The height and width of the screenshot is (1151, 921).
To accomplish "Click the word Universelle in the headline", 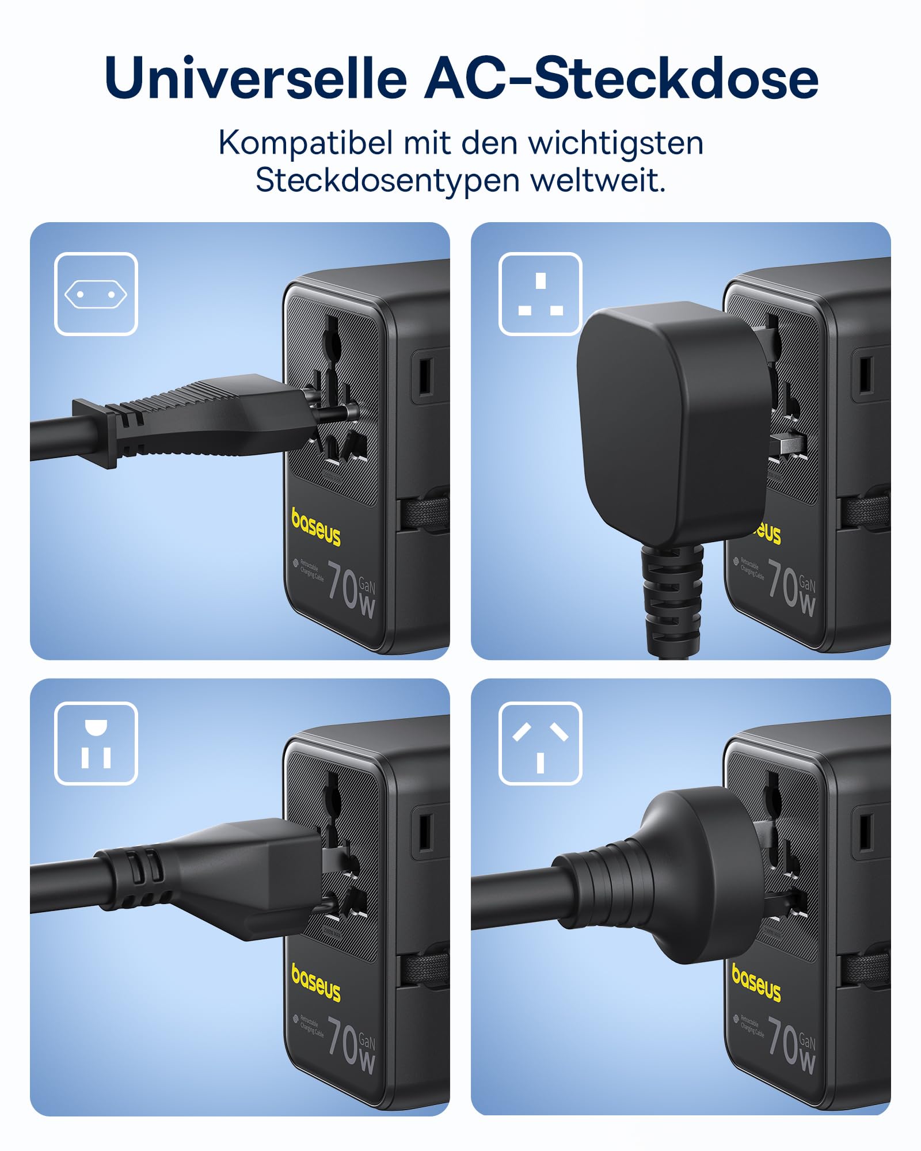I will (x=256, y=78).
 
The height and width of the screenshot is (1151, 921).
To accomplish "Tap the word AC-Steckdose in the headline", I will (x=621, y=78).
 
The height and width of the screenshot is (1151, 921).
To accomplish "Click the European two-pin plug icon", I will (x=96, y=294).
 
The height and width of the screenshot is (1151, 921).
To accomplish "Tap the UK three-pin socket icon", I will (x=541, y=294).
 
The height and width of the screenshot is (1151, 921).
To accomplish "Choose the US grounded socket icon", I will (x=96, y=744).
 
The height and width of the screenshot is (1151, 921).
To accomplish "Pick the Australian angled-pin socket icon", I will (x=541, y=744).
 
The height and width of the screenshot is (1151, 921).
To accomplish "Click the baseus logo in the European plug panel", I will (x=315, y=527).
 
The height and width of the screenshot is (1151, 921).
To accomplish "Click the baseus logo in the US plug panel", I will (x=315, y=983).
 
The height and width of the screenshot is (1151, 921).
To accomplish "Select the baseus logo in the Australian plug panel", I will (x=756, y=983).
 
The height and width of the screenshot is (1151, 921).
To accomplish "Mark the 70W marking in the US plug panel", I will (x=352, y=1045).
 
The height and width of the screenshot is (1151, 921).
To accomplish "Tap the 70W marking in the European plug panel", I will (x=352, y=588).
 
